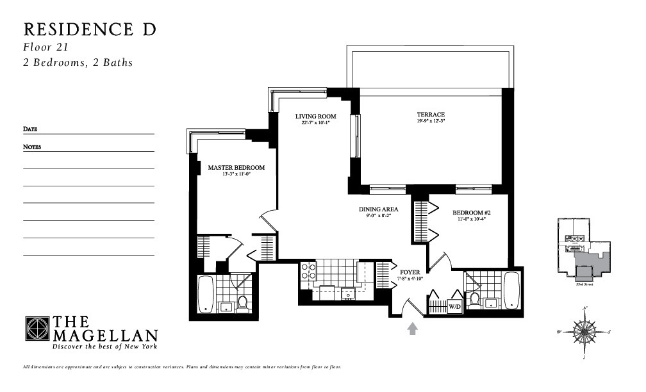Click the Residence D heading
coord(90,29)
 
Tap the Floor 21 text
coord(46,47)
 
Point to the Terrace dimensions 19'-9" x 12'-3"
coord(430,120)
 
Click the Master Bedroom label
coord(236,168)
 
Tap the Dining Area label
coord(378,209)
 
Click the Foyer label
coord(410,272)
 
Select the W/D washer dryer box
coord(454,306)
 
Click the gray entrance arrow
coord(413,329)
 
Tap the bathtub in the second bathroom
coord(512,290)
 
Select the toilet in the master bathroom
coord(243,302)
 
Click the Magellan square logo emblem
coord(37,329)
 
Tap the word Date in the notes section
coord(30,129)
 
